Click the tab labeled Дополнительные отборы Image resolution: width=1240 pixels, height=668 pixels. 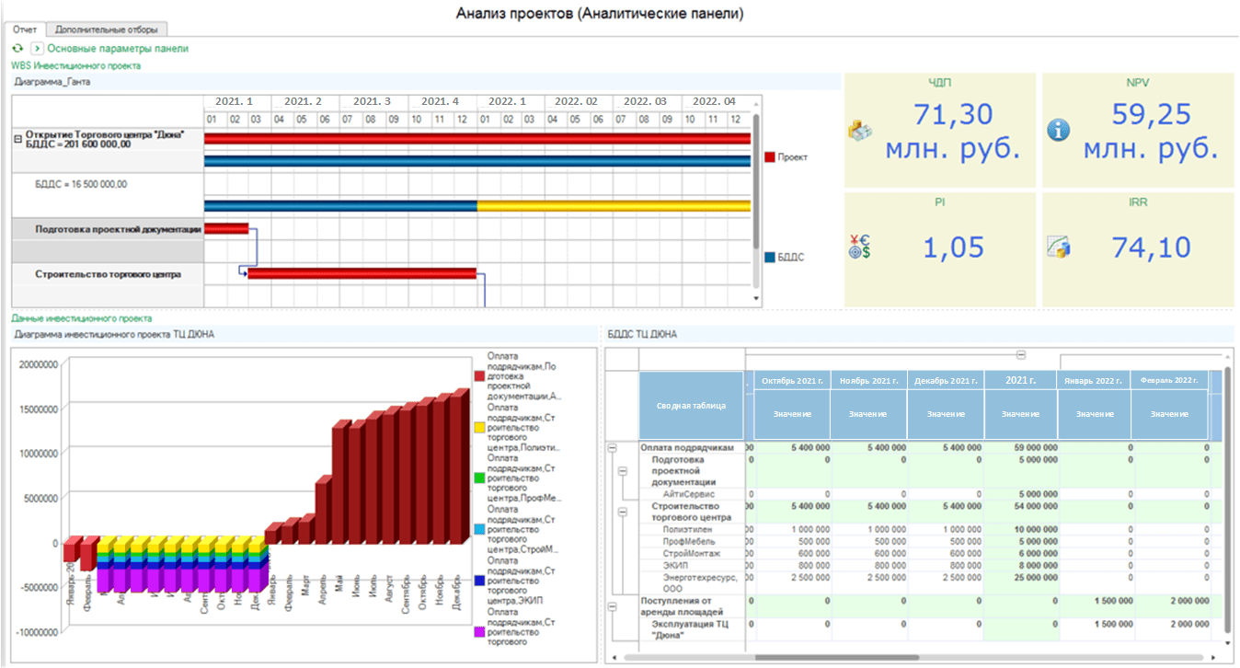pos(106,29)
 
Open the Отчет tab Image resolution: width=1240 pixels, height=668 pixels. pos(25,29)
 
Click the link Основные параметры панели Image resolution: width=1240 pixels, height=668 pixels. pos(118,48)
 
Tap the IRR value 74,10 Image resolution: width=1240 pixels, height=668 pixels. pos(1143,247)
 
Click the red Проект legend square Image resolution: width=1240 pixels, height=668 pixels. pos(770,157)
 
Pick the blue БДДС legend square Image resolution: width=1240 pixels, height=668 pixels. pos(770,258)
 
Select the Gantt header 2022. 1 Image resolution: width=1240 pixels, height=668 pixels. pos(509,101)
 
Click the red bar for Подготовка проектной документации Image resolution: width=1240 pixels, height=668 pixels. pos(226,228)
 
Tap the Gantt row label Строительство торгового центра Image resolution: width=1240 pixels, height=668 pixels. pos(108,274)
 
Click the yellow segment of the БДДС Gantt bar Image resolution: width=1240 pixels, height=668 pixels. pos(614,206)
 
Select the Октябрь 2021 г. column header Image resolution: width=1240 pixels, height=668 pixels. pos(792,380)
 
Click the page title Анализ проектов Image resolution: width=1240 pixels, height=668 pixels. pos(600,14)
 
